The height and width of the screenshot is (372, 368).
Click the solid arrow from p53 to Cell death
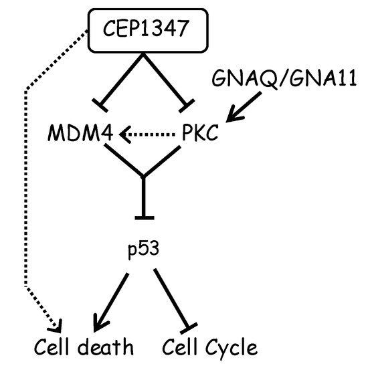coord(113,299)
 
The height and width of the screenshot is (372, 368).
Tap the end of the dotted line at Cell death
coord(57,326)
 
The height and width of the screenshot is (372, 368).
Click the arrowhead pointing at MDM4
coord(124,135)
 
